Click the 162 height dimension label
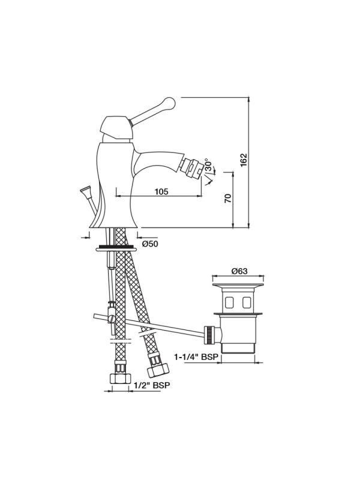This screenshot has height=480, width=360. [x=244, y=160]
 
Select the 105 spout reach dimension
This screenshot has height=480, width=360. [x=161, y=191]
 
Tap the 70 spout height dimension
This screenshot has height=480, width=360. [x=228, y=199]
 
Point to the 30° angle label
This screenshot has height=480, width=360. [x=208, y=166]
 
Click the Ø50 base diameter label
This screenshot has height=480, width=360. [x=151, y=244]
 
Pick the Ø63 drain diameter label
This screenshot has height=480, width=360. [x=239, y=271]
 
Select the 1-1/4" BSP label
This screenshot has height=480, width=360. [x=196, y=357]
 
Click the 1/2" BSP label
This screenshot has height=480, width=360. [x=152, y=385]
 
